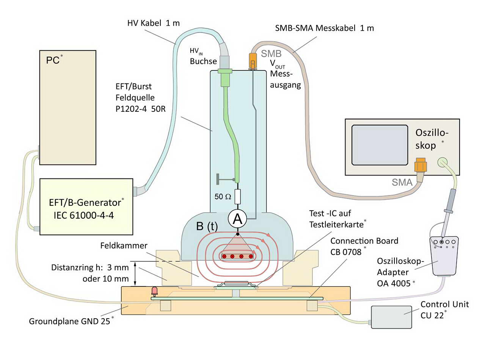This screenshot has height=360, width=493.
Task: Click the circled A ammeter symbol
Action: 237,219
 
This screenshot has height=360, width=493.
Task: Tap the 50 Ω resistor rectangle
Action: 237,197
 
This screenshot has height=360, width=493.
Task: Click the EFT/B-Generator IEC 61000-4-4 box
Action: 86,207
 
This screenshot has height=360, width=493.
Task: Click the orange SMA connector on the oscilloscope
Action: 420,165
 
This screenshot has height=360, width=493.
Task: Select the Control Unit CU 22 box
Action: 392,317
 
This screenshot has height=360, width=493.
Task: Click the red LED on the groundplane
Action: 154,291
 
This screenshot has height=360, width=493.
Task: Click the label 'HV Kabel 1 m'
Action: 153,23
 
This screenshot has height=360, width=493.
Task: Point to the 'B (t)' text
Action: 207,227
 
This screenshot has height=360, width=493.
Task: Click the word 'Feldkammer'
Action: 124,246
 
